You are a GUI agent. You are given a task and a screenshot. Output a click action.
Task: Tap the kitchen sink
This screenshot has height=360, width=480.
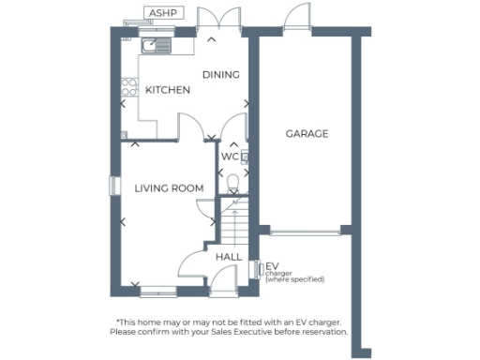(154, 44)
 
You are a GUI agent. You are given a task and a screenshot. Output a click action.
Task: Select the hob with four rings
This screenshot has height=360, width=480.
(129, 89)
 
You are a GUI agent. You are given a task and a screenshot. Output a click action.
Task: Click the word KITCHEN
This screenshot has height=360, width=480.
(168, 90)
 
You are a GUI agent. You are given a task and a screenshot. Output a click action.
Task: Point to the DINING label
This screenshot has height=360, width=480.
(221, 75)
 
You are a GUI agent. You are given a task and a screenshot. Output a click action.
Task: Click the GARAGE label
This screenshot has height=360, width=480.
(307, 134)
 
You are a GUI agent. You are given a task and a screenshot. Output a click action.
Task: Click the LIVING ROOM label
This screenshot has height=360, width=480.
(169, 188)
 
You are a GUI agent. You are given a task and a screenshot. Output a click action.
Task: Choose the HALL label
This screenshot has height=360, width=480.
(229, 257)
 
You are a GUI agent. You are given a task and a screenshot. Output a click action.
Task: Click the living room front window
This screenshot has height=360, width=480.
(157, 291)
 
